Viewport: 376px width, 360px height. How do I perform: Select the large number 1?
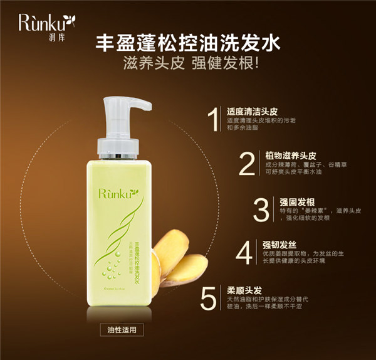click(214, 120)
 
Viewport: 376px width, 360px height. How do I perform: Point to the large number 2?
click(248, 164)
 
